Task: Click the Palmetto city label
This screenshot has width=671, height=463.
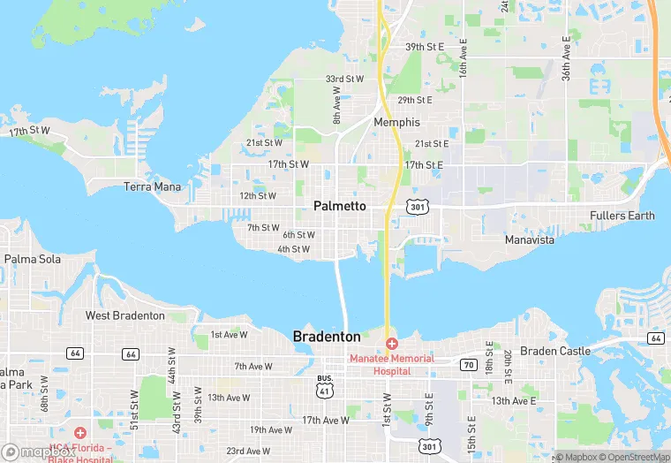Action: click(x=340, y=206)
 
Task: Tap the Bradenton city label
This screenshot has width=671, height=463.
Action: click(x=327, y=337)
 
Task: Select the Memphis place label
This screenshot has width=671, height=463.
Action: click(x=396, y=122)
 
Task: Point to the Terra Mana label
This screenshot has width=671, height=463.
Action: click(x=152, y=186)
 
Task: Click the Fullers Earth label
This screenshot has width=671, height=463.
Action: click(x=622, y=216)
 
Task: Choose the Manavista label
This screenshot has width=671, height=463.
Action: click(x=530, y=239)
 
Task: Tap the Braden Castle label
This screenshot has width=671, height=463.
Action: click(x=554, y=351)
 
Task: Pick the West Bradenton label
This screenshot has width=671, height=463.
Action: click(x=124, y=315)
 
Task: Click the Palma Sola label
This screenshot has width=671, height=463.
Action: click(x=33, y=259)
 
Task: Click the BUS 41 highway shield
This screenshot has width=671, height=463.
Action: click(x=325, y=383)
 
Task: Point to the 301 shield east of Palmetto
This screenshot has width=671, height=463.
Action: click(x=418, y=207)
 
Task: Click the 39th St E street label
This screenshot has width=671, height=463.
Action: click(x=424, y=46)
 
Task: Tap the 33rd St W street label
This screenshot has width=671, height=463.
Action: click(x=344, y=79)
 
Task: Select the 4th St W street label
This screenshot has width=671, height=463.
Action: click(x=293, y=249)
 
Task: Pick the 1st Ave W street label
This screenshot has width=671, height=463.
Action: click(x=229, y=335)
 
